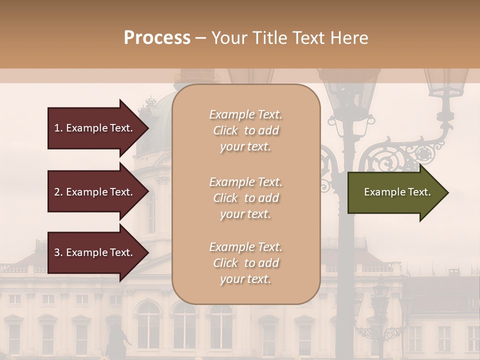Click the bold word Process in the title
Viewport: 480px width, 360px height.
click(157, 38)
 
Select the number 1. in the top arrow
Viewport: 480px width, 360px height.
click(58, 128)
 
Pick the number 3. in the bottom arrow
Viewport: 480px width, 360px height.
click(58, 252)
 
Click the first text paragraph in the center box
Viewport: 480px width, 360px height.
click(245, 130)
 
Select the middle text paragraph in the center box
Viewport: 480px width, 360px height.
click(245, 198)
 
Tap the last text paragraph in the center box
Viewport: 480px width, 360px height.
click(245, 263)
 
